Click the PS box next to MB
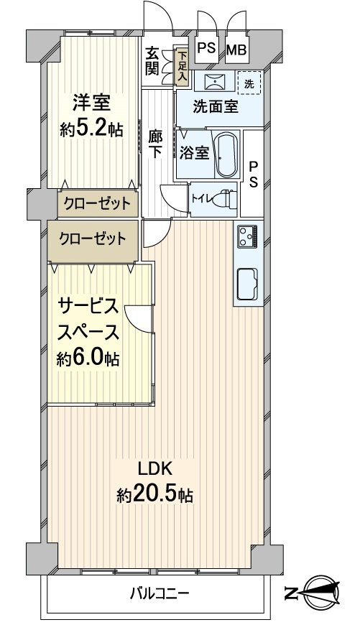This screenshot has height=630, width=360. (x=207, y=49)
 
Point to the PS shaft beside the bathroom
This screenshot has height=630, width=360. (x=254, y=173)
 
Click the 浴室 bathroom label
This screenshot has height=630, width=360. (x=195, y=153)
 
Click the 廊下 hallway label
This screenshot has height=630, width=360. (x=155, y=144)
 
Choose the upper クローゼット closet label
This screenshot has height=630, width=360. (x=96, y=203)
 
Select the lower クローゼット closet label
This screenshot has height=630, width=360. (x=91, y=238)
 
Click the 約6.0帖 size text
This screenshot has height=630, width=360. (x=88, y=358)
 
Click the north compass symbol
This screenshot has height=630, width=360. (x=316, y=593)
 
